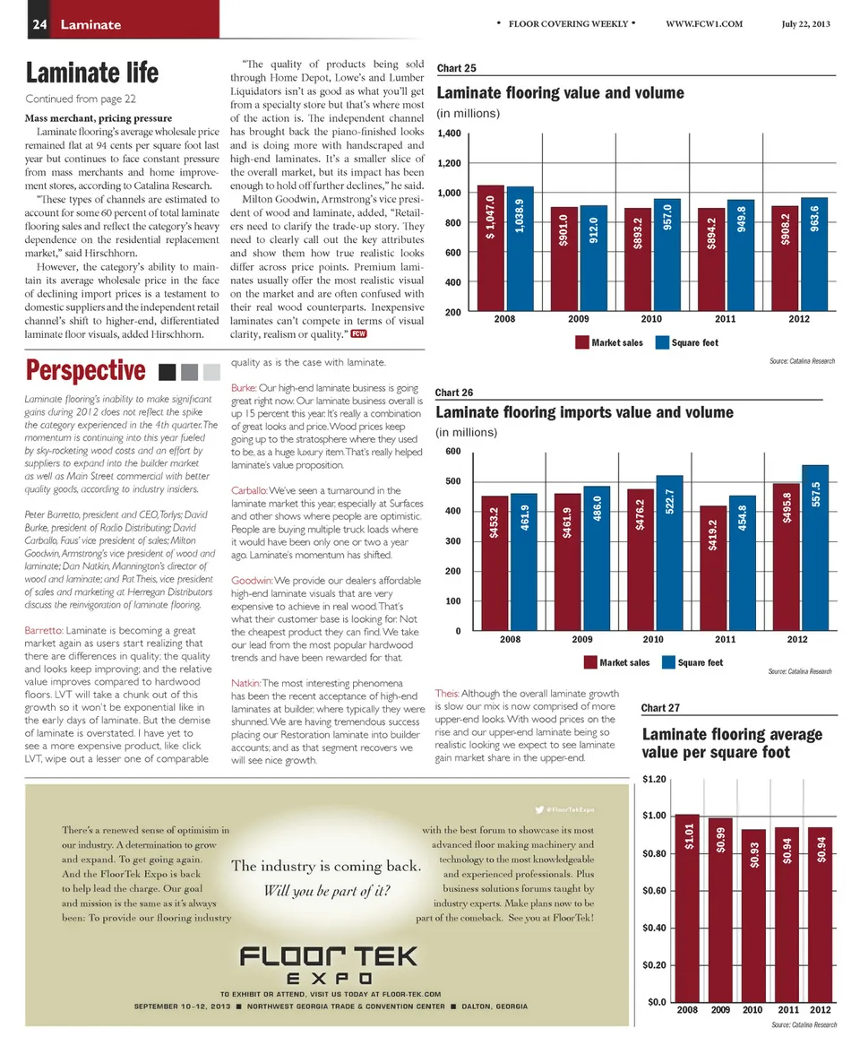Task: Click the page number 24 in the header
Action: [x=40, y=24]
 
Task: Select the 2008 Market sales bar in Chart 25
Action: [x=491, y=248]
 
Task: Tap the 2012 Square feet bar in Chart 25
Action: [x=813, y=255]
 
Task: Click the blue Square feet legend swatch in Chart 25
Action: [x=664, y=342]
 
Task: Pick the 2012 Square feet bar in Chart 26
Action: [x=815, y=548]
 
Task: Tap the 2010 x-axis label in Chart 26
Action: [x=653, y=639]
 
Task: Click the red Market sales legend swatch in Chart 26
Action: [x=589, y=662]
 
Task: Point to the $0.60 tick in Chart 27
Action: [x=652, y=890]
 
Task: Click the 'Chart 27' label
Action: [x=662, y=708]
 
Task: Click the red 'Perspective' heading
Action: [x=86, y=369]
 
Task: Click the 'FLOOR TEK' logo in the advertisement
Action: [x=328, y=957]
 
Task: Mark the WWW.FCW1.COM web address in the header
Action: [x=705, y=23]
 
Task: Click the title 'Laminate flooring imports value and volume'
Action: [x=584, y=412]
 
